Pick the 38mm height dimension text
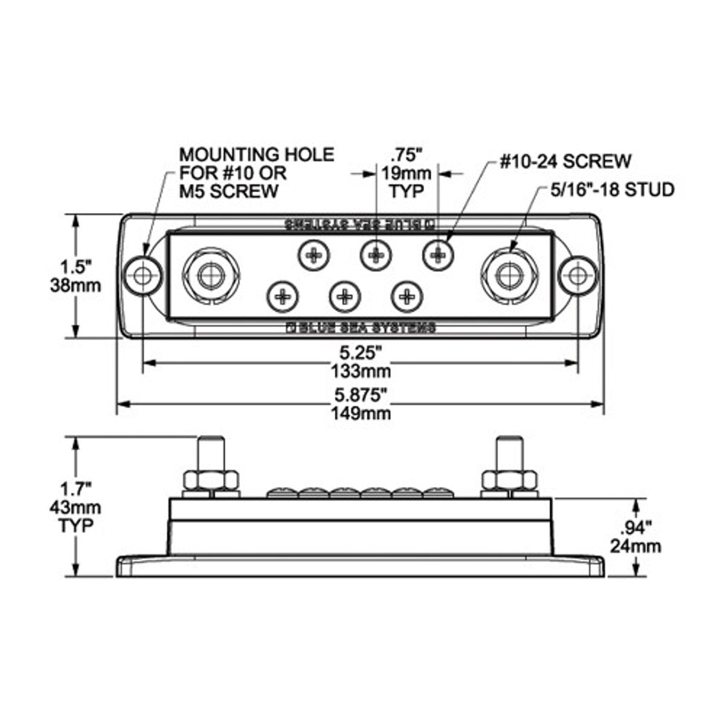coord(76,284)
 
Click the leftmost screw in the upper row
coord(315,256)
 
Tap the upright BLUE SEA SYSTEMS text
coord(361,328)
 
